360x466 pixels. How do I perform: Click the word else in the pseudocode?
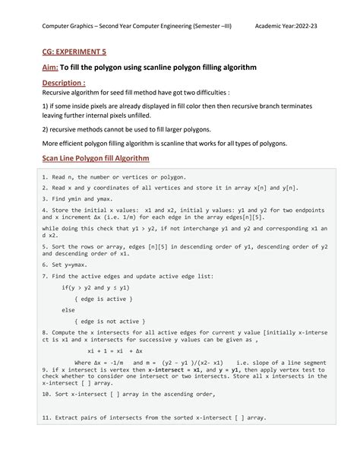click(x=68, y=310)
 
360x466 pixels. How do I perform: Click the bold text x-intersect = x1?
click(x=172, y=369)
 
